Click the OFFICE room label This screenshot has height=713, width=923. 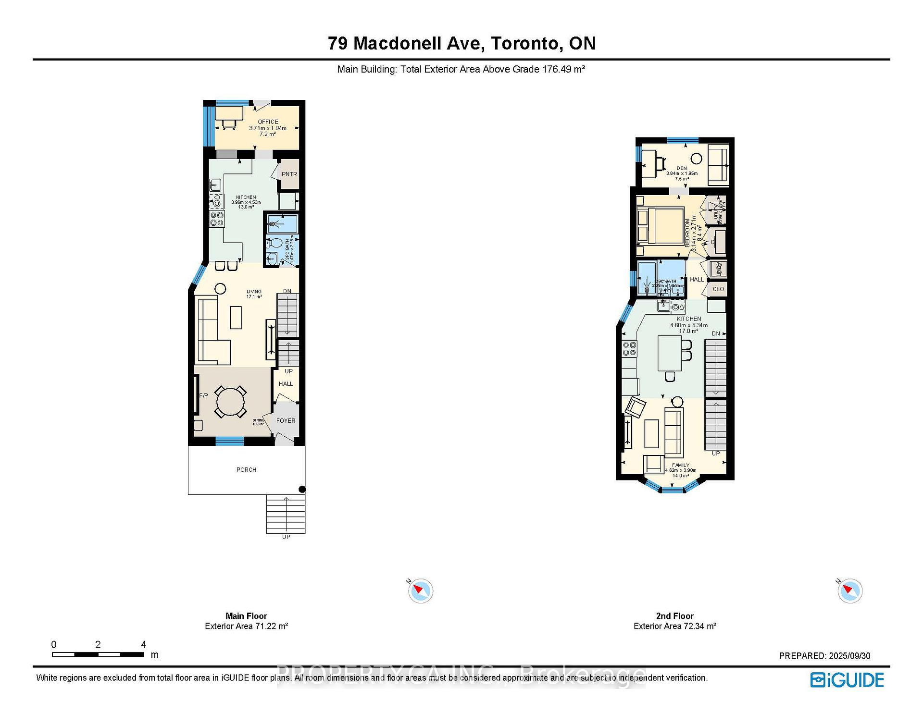click(x=268, y=122)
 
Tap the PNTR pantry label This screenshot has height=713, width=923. click(x=289, y=174)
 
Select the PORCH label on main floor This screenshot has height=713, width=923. click(x=246, y=469)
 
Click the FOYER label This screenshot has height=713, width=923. click(x=286, y=420)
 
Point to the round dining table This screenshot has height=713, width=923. click(x=230, y=401)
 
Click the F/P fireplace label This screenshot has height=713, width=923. click(x=203, y=395)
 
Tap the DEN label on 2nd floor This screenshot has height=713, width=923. click(x=681, y=168)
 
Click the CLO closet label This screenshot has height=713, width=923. click(x=718, y=289)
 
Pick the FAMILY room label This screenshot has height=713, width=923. click(x=680, y=465)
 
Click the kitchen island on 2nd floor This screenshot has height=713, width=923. click(x=669, y=353)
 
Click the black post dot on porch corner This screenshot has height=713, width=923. click(x=302, y=489)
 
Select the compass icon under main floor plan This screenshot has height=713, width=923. click(x=420, y=590)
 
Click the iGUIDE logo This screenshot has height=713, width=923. click(x=847, y=679)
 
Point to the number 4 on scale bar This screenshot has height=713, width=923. click(x=143, y=644)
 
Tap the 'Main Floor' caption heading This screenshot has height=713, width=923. click(x=246, y=615)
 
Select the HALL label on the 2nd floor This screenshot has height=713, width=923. click(x=697, y=279)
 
